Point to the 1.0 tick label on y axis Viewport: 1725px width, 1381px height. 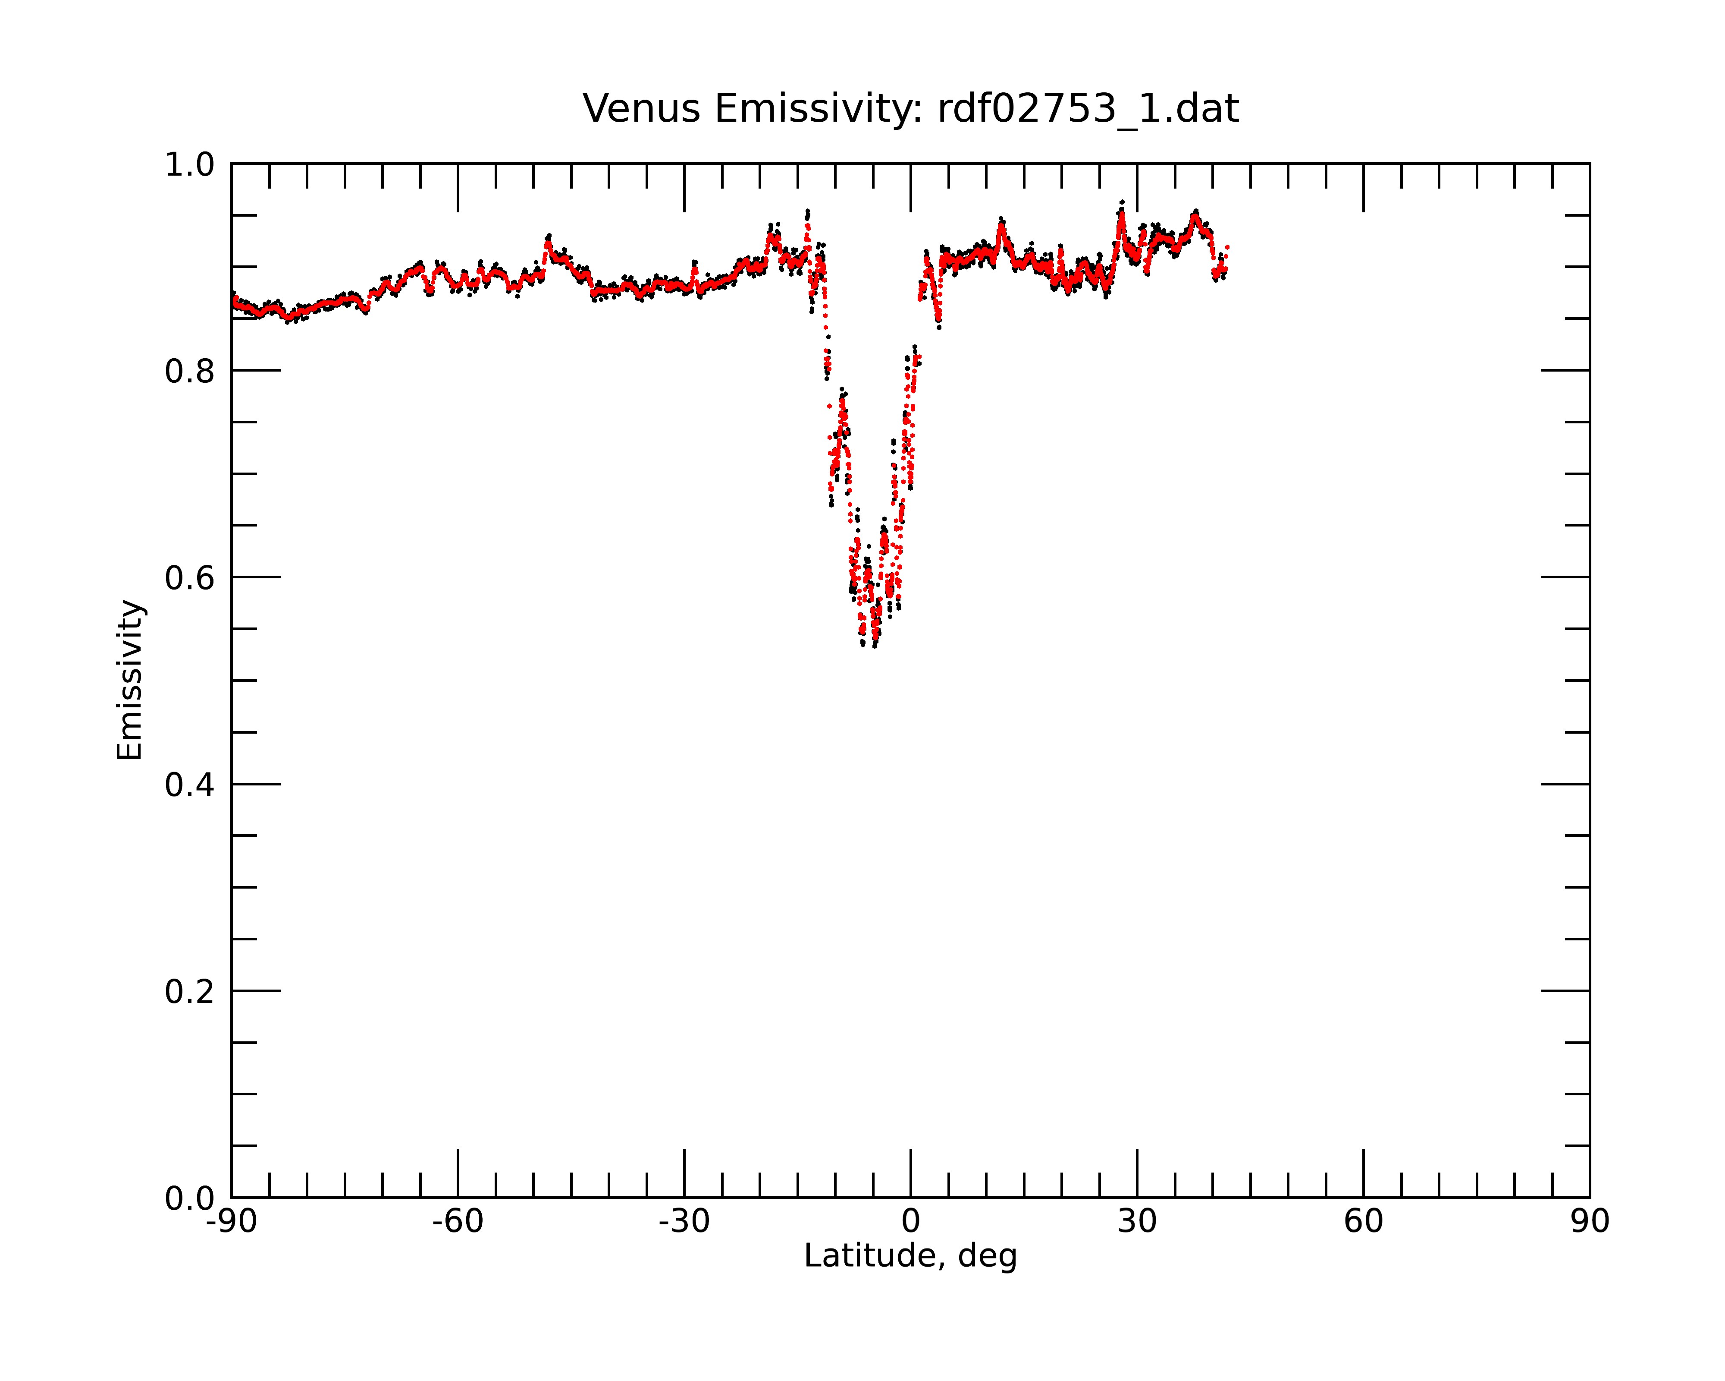[190, 165]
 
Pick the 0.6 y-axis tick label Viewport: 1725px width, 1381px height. [190, 578]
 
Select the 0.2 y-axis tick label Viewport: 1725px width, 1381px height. [190, 992]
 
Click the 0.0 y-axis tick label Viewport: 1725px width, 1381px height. [190, 1198]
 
